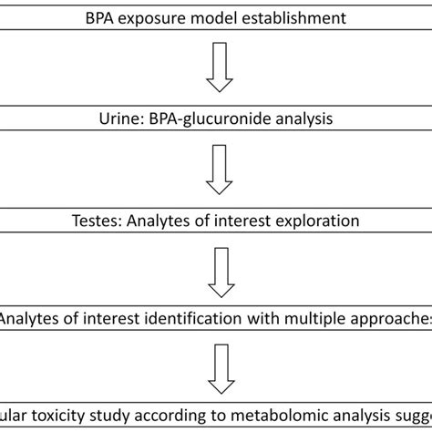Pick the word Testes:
tap(94, 221)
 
